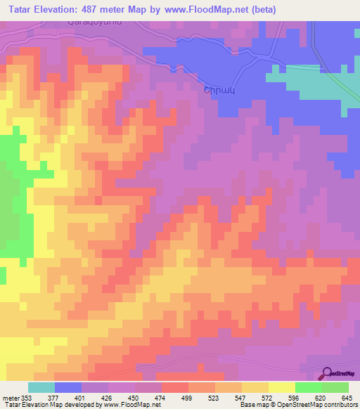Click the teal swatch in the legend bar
coord(41,387)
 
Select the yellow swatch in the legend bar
coord(281,387)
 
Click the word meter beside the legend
coord(11,397)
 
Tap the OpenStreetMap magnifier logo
coord(326,374)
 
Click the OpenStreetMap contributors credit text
coord(309,405)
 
